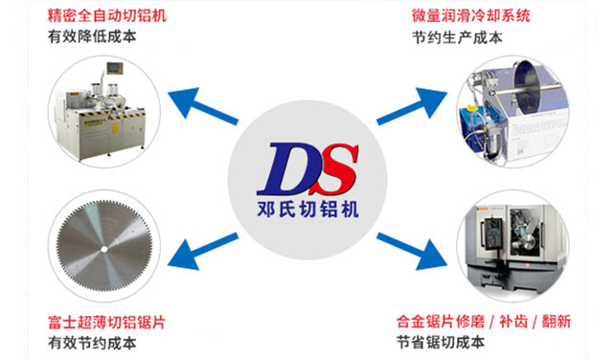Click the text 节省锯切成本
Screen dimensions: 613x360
click(x=441, y=342)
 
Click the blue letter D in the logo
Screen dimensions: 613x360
click(x=287, y=169)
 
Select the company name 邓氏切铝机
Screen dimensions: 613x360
click(x=307, y=209)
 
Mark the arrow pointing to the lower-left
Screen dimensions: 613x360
click(x=202, y=252)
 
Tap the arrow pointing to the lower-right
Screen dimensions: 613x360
click(x=414, y=252)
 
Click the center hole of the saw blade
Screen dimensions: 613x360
click(x=101, y=249)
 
